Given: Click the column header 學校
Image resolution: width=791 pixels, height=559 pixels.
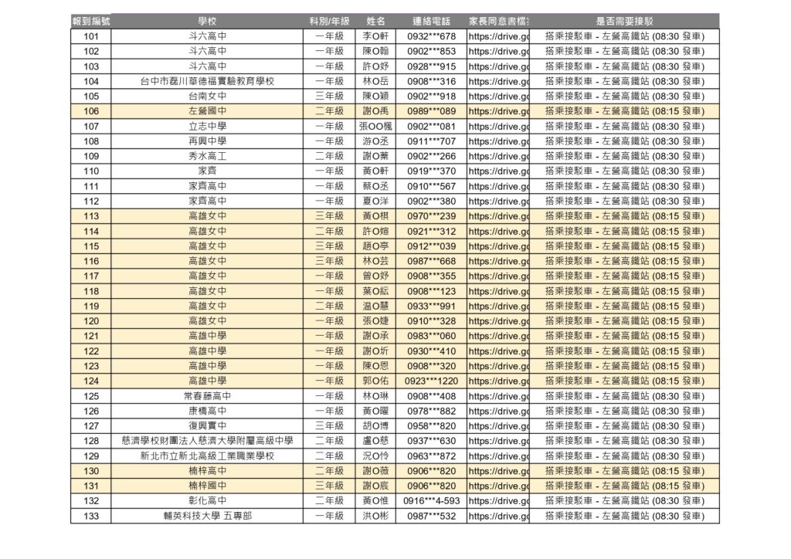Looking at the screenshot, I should click(x=206, y=21).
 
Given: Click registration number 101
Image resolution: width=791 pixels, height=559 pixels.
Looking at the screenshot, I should click(x=90, y=36).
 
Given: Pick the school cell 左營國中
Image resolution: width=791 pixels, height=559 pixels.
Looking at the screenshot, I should click(x=207, y=111).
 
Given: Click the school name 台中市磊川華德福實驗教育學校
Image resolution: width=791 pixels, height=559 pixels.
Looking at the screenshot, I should click(x=207, y=81).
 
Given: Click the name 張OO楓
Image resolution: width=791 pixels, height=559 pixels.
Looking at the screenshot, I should click(x=376, y=126).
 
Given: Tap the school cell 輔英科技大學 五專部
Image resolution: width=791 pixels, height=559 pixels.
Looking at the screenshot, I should click(x=207, y=515).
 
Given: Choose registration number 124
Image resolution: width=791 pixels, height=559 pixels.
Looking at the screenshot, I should click(x=90, y=381).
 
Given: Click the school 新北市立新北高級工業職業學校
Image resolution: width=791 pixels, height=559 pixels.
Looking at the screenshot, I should click(x=207, y=456).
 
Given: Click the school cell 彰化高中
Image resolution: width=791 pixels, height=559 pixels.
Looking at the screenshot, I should click(x=207, y=500).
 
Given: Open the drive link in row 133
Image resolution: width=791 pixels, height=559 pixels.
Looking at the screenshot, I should click(x=498, y=515).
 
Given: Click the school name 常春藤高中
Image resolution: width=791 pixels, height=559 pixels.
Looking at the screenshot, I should click(x=207, y=395).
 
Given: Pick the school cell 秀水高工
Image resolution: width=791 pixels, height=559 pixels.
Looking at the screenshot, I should click(x=207, y=156).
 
